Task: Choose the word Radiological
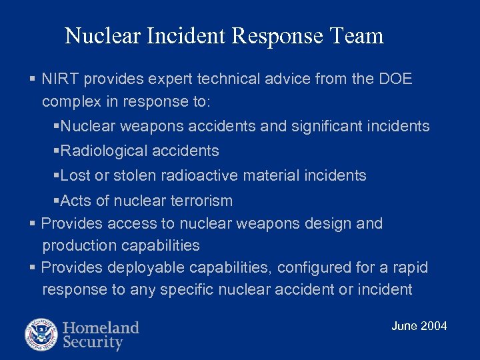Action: pos(101,151)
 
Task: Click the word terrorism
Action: pos(200,201)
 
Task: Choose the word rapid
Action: pos(409,268)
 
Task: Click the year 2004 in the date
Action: pos(434,326)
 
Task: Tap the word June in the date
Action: pos(405,326)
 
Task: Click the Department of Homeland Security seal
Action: pos(41,335)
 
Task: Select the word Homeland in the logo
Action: pos(101,327)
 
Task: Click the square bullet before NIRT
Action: pos(32,79)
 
